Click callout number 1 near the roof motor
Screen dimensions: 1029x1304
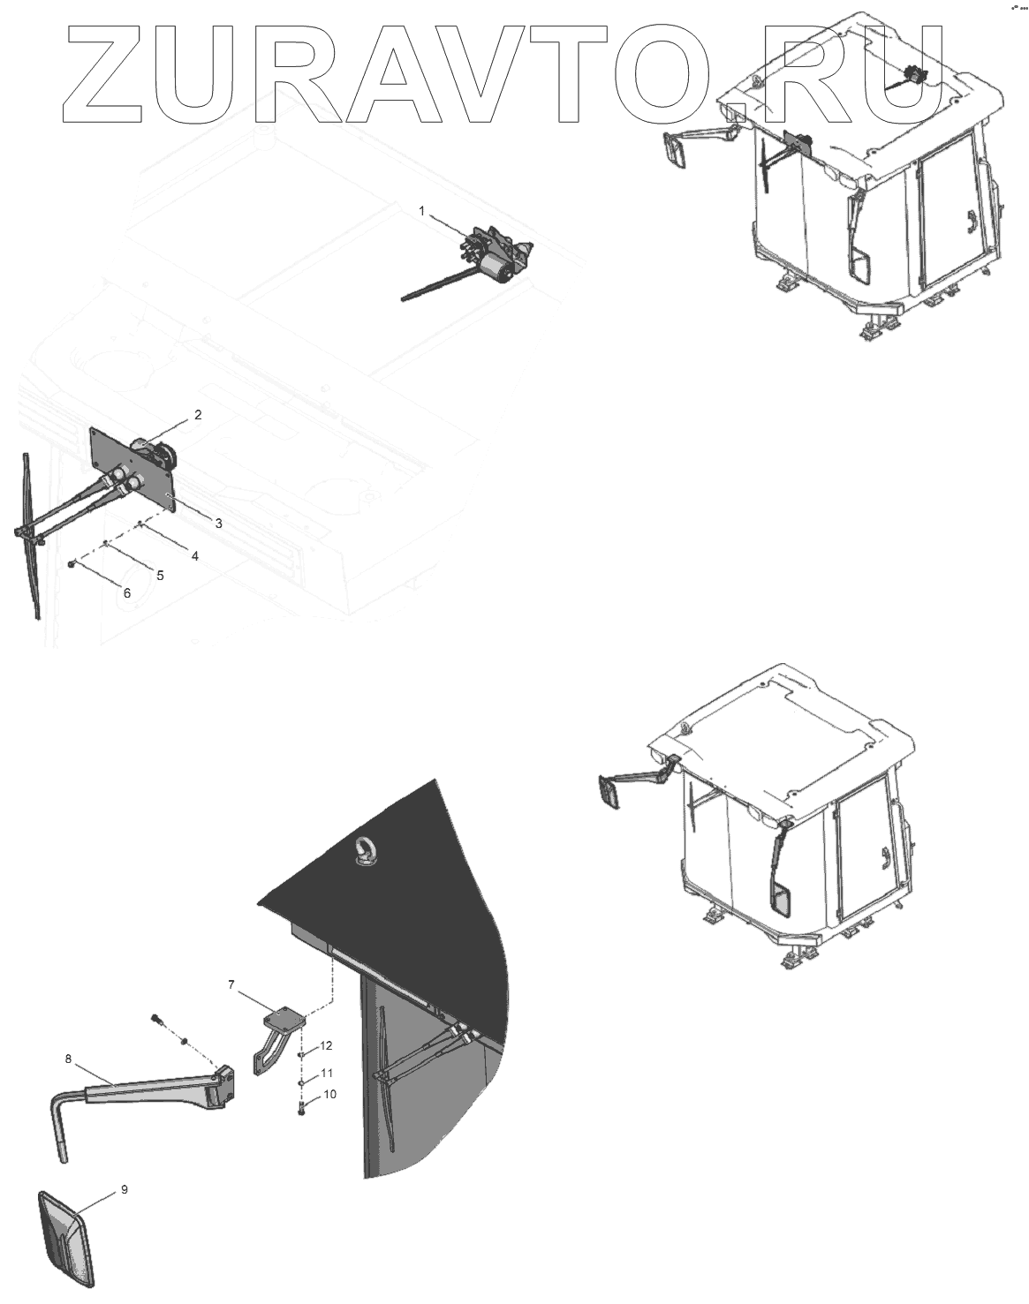421,211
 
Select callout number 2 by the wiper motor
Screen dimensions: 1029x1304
198,414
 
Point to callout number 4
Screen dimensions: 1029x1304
194,555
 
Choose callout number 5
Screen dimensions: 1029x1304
160,575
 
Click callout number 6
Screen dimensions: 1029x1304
126,593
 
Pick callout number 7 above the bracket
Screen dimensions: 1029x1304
231,984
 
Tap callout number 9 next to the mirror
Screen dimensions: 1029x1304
124,1189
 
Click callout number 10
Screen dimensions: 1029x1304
330,1095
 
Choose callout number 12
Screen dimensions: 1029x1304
326,1046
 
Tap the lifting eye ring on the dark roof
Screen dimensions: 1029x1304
364,851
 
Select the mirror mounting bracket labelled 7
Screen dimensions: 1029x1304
276,1033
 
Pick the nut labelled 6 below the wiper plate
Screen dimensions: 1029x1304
72,562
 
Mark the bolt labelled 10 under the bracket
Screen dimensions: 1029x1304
302,1107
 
